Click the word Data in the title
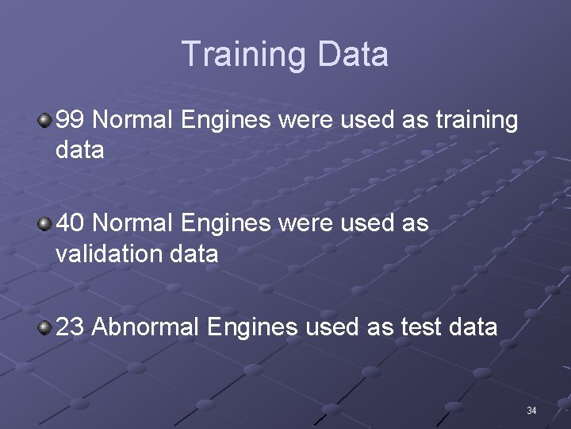(353, 54)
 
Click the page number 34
(531, 411)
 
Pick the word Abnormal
(149, 327)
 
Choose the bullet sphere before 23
(45, 327)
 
